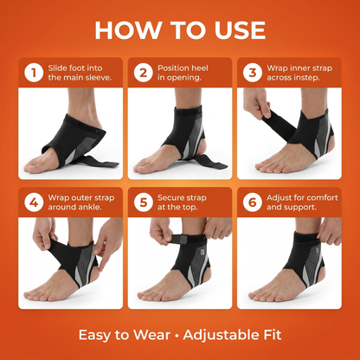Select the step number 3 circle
(x=252, y=73)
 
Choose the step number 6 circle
(x=252, y=202)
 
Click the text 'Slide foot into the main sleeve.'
(x=79, y=73)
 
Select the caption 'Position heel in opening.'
(x=185, y=73)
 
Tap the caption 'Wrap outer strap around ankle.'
(x=80, y=202)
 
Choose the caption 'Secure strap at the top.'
(x=186, y=202)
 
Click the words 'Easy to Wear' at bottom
(x=120, y=334)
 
